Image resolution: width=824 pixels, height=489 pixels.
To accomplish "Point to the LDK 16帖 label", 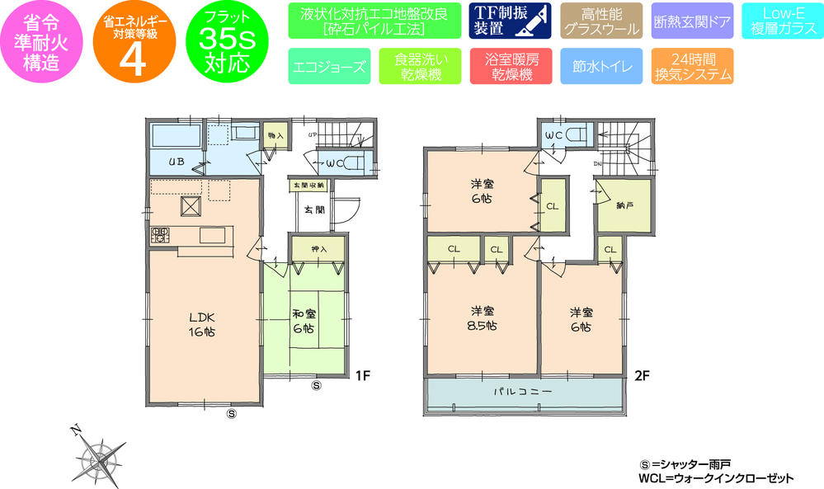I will [202, 325].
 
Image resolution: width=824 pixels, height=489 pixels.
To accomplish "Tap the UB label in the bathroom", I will [177, 161].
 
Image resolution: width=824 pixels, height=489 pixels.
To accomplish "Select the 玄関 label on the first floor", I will [313, 210].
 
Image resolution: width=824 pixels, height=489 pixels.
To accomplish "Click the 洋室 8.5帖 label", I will [483, 317].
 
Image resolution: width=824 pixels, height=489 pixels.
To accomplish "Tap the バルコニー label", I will [522, 392].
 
